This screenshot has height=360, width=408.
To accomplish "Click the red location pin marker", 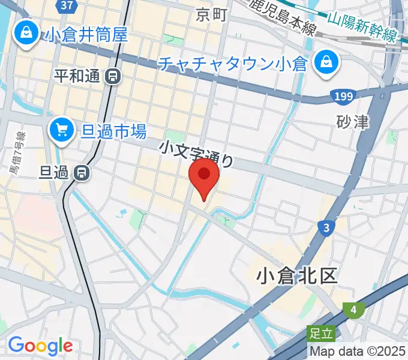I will tap(204, 176).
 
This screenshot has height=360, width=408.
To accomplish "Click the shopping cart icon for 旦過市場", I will tap(62, 130).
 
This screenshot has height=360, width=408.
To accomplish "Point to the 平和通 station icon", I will tap(112, 76).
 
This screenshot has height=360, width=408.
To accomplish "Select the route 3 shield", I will tap(326, 227).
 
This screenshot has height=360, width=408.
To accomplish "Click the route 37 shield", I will tap(68, 5).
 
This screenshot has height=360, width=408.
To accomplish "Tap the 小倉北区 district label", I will tap(296, 275).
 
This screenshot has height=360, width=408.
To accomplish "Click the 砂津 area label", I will tap(353, 122).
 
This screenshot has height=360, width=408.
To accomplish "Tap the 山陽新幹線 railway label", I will tap(362, 26).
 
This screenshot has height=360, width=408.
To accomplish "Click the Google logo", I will tap(40, 346).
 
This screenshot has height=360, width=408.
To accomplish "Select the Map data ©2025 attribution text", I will tap(358, 351).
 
